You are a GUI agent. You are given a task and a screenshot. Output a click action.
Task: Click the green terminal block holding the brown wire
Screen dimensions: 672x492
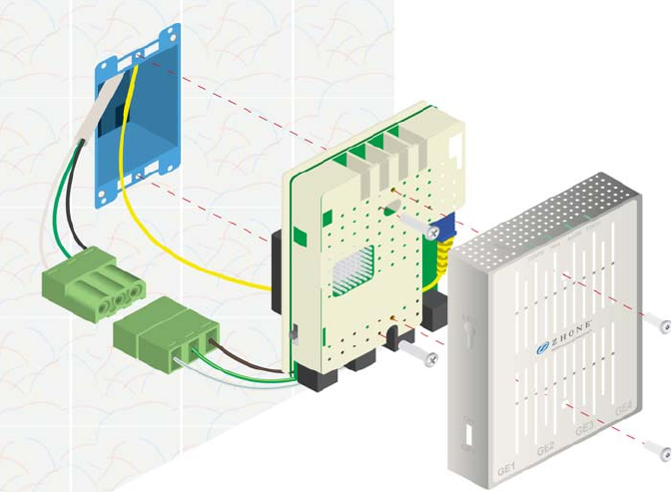coord(171,334)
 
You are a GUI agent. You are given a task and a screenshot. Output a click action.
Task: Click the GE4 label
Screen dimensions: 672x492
coord(623,408)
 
